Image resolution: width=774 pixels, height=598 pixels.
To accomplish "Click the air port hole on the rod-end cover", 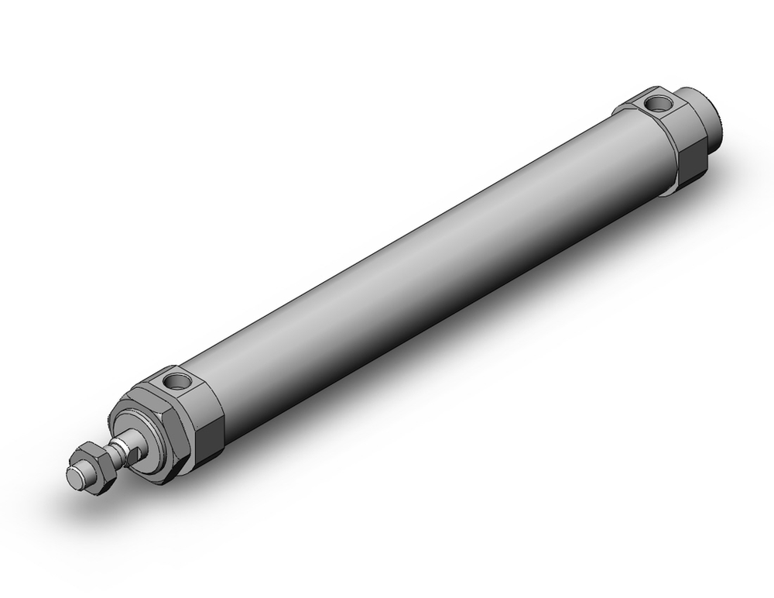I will tap(176, 381).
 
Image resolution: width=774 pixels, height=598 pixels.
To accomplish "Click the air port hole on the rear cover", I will tap(659, 102).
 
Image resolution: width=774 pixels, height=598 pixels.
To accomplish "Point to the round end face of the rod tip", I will tap(76, 479).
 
